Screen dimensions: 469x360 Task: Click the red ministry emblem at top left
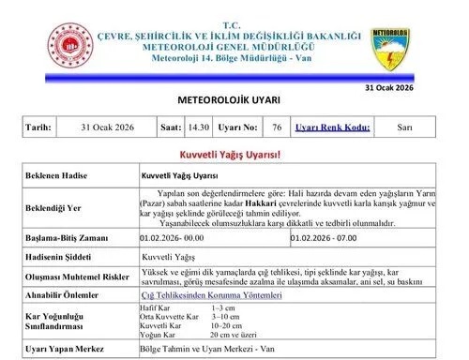click(70, 46)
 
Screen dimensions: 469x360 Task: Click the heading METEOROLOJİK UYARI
click(228, 100)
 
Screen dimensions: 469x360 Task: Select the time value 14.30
click(197, 127)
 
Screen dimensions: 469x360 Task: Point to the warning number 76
click(276, 127)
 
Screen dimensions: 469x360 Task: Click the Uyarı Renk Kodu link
click(332, 127)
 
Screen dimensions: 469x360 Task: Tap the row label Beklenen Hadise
click(57, 175)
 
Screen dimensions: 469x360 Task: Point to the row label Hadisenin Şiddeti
click(59, 255)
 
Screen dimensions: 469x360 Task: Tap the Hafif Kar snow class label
click(155, 308)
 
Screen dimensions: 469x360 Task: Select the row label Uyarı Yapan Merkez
click(64, 349)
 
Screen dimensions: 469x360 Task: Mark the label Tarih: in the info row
click(39, 127)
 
